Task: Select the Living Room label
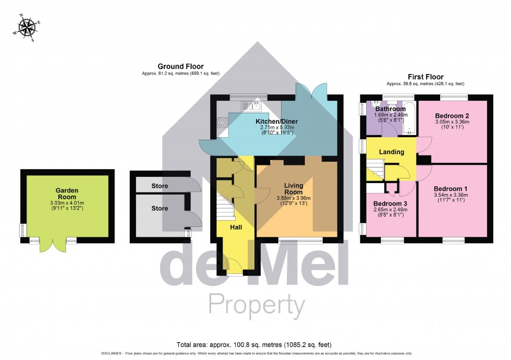[294, 188]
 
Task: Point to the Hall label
[236, 227]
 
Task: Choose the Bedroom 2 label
[453, 115]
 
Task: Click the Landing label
[392, 152]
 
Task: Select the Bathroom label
[391, 109]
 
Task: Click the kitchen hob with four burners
[223, 123]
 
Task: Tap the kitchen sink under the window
[251, 106]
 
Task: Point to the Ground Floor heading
[180, 66]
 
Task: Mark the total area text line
[254, 345]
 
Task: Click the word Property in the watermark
[256, 304]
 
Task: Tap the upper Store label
[160, 186]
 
